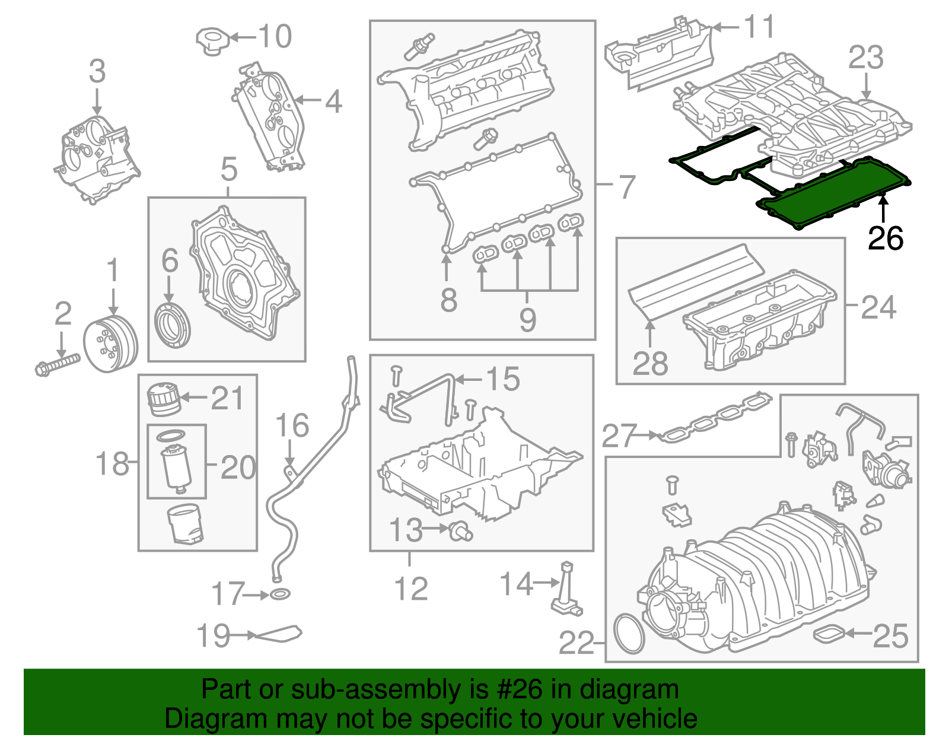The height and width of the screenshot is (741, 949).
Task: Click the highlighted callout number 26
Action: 885,238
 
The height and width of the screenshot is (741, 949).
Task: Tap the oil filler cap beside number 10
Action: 212,40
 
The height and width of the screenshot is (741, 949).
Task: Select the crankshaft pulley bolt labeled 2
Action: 57,363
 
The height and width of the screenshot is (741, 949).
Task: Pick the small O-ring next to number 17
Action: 281,594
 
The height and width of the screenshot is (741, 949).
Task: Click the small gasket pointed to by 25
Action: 829,634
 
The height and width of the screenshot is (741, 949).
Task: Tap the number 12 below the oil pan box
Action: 410,589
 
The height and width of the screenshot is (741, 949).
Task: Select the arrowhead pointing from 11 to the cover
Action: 716,27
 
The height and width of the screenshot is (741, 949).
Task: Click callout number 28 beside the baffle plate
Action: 650,363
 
